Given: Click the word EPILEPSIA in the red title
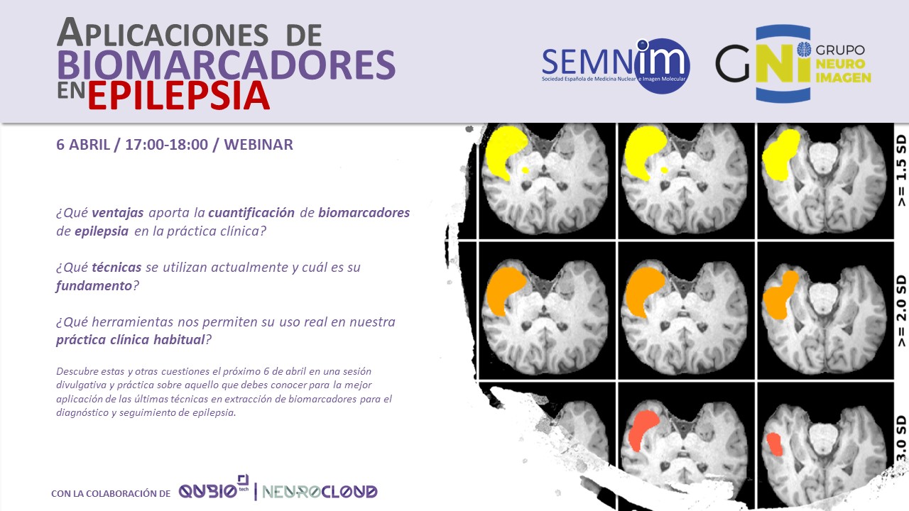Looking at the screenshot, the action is [178, 96].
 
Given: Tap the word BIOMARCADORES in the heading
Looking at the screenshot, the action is [227, 65].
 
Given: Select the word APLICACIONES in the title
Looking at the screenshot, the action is [163, 33].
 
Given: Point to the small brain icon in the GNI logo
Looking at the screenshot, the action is [804, 50].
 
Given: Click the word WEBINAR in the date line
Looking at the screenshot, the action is [258, 145].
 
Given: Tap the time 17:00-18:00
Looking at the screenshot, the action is [166, 145].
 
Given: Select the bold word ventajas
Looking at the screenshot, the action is [118, 212].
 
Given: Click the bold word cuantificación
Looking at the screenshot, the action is [251, 212].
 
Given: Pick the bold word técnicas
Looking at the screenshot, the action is [116, 268].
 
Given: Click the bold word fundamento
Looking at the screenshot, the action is [94, 285].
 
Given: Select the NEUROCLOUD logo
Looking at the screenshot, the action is [320, 492].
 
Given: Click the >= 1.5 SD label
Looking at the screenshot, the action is [900, 171].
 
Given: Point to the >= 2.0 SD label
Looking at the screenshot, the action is [900, 311].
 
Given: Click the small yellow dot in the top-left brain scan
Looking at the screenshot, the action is [525, 170].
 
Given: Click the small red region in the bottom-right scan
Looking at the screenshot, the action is [774, 444].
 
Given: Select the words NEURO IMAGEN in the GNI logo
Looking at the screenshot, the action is [843, 70].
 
